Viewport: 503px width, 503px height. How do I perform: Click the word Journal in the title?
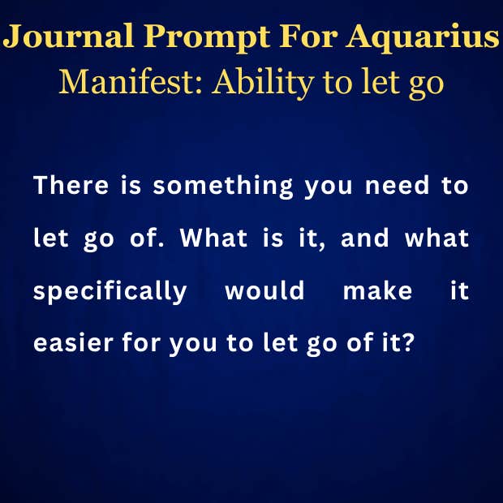pyautogui.click(x=68, y=36)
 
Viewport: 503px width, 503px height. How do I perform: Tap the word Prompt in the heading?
pyautogui.click(x=207, y=38)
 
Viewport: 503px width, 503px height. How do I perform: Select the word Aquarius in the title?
pyautogui.click(x=423, y=38)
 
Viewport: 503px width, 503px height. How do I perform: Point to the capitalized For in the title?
pyautogui.click(x=308, y=36)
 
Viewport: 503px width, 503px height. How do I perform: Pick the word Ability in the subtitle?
pyautogui.click(x=262, y=84)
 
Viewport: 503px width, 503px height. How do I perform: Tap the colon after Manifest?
pyautogui.click(x=199, y=88)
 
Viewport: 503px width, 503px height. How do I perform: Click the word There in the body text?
pyautogui.click(x=71, y=185)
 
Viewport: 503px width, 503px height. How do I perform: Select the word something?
pyautogui.click(x=223, y=187)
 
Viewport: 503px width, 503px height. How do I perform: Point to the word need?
pyautogui.click(x=397, y=185)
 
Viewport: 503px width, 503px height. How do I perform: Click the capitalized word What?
pyautogui.click(x=213, y=238)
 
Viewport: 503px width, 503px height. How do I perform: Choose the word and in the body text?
pyautogui.click(x=364, y=238)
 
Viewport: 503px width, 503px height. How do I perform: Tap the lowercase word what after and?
pyautogui.click(x=437, y=238)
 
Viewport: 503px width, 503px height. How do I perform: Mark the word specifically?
pyautogui.click(x=110, y=292)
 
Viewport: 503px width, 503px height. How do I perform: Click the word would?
pyautogui.click(x=264, y=290)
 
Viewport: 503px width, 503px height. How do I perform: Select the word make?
pyautogui.click(x=377, y=290)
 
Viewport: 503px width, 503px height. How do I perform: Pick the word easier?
pyautogui.click(x=74, y=342)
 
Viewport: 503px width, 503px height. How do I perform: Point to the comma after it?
pyautogui.click(x=322, y=246)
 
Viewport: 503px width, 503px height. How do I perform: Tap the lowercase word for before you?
pyautogui.click(x=141, y=342)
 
